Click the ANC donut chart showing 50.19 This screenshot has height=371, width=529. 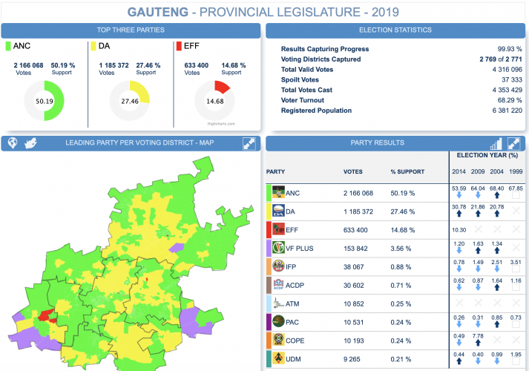tap(44, 101)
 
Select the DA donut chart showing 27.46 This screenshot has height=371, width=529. tap(130, 101)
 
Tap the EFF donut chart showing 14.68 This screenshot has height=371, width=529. tap(214, 101)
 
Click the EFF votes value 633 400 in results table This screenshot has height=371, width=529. tap(358, 230)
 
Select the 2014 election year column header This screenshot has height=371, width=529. tap(459, 172)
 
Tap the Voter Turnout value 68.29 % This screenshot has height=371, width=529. tap(507, 100)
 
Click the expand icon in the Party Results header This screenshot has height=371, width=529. tap(513, 143)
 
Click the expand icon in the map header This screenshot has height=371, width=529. tap(249, 143)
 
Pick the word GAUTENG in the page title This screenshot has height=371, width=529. tap(158, 12)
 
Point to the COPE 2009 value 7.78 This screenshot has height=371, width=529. tap(478, 336)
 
